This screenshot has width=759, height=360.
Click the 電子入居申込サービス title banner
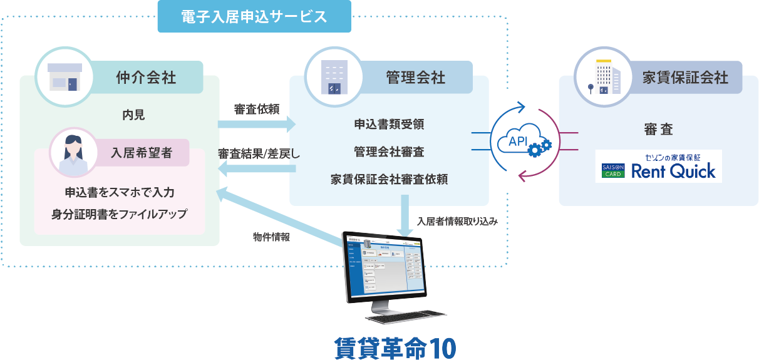tap(254, 17)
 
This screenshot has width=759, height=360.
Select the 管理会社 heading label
tap(416, 77)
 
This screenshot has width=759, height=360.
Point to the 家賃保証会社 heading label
tap(685, 77)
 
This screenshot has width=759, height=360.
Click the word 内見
tap(134, 115)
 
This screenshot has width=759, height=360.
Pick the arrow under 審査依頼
tap(256, 125)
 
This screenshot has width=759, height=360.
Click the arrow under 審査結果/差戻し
tap(256, 170)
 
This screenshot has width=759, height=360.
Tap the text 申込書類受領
tap(389, 125)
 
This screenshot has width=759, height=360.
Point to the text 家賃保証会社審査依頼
tap(389, 180)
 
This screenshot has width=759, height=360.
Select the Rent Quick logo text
tap(673, 171)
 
